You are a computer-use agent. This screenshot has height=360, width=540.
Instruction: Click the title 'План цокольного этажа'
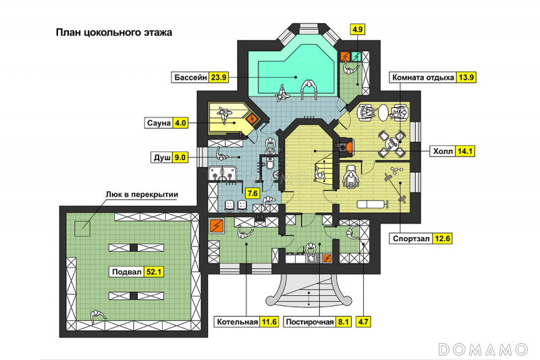pos(114,32)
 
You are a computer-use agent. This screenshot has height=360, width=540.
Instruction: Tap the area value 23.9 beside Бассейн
pos(219,77)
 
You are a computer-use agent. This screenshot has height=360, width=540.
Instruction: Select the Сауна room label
pos(159,123)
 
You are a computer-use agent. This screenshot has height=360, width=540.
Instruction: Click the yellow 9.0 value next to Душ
pos(180,157)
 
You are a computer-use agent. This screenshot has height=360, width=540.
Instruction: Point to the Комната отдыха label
pos(423,78)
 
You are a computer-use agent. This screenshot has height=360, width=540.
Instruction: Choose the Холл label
pos(443,151)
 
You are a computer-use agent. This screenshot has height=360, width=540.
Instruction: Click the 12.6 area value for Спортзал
pos(442,238)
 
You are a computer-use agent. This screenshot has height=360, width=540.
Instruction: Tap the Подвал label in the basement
pos(127,272)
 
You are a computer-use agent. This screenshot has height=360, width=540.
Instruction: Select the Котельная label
pos(238,322)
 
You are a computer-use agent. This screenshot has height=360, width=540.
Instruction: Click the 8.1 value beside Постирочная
pos(343,322)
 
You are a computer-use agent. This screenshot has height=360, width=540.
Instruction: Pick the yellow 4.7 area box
pos(363,322)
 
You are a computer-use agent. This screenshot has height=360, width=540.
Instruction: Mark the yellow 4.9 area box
pos(358,29)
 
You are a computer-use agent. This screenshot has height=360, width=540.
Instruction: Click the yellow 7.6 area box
pos(252,193)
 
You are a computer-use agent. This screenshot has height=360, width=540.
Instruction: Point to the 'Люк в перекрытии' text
pos(142,195)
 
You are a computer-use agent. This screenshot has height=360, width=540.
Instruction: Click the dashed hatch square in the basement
pos(82,229)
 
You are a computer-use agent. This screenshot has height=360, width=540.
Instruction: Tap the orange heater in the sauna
pos(252,120)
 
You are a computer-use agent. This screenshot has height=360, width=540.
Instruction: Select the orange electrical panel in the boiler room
pos(217,226)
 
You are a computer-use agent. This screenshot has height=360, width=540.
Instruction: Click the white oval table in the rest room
pos(383,112)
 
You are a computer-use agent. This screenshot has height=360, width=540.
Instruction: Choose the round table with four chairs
pos(391,143)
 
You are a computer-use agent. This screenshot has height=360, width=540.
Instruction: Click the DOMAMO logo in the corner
pos(483,349)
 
